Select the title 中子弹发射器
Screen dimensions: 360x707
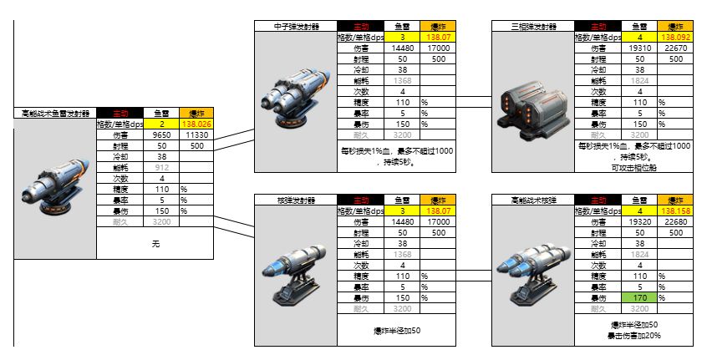click(295, 27)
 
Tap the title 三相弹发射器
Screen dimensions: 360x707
click(534, 27)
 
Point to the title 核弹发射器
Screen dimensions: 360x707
click(295, 200)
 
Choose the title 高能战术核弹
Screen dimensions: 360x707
click(534, 200)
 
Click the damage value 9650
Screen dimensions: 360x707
click(161, 134)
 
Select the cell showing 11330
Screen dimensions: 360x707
click(196, 134)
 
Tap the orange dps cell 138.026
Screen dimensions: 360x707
click(196, 124)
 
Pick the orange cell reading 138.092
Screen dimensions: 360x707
click(675, 38)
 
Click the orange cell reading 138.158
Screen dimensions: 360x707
click(675, 211)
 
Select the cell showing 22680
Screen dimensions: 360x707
click(675, 222)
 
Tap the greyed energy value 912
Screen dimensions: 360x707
click(161, 167)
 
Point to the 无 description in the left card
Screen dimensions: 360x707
click(155, 244)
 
